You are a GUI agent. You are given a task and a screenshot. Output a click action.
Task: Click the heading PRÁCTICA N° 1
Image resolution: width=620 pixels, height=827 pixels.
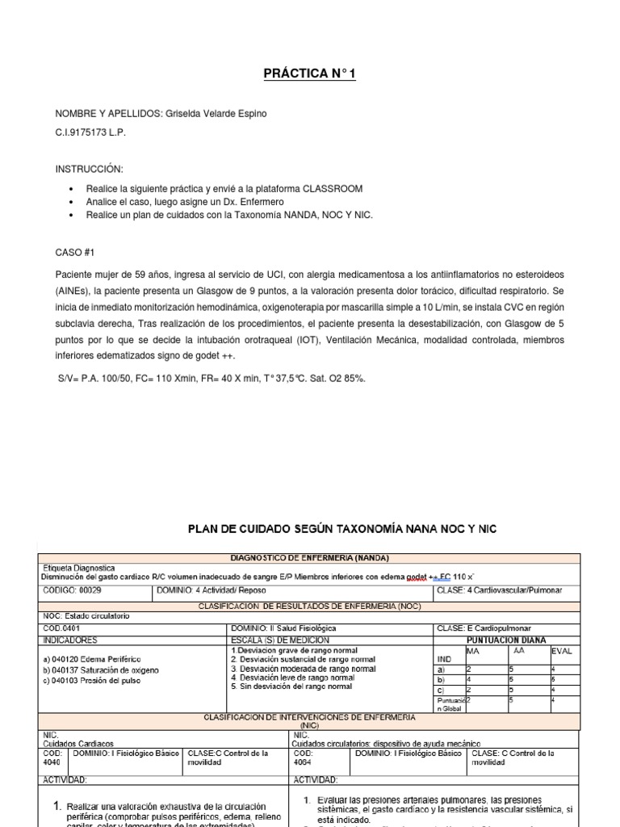tap(309, 74)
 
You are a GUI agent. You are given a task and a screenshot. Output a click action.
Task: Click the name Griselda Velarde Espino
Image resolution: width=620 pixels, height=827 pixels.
tap(216, 114)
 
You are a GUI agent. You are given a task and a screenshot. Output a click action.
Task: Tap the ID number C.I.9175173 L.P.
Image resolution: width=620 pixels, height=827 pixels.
tap(90, 132)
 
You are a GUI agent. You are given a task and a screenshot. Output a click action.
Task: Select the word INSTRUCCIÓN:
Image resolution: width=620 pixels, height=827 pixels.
tap(89, 170)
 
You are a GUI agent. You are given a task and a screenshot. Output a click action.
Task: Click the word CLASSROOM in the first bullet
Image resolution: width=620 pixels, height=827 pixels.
tap(333, 188)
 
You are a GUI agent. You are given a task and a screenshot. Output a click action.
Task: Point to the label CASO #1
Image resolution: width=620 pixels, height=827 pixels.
tap(75, 253)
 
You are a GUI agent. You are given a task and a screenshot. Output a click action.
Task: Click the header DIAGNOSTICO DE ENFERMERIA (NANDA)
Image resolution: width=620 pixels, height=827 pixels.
tap(309, 558)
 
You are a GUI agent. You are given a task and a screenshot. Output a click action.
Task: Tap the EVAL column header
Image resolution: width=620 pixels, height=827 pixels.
tap(562, 650)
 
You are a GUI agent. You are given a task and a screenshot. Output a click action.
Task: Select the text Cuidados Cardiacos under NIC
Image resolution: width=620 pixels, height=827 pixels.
tap(77, 743)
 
